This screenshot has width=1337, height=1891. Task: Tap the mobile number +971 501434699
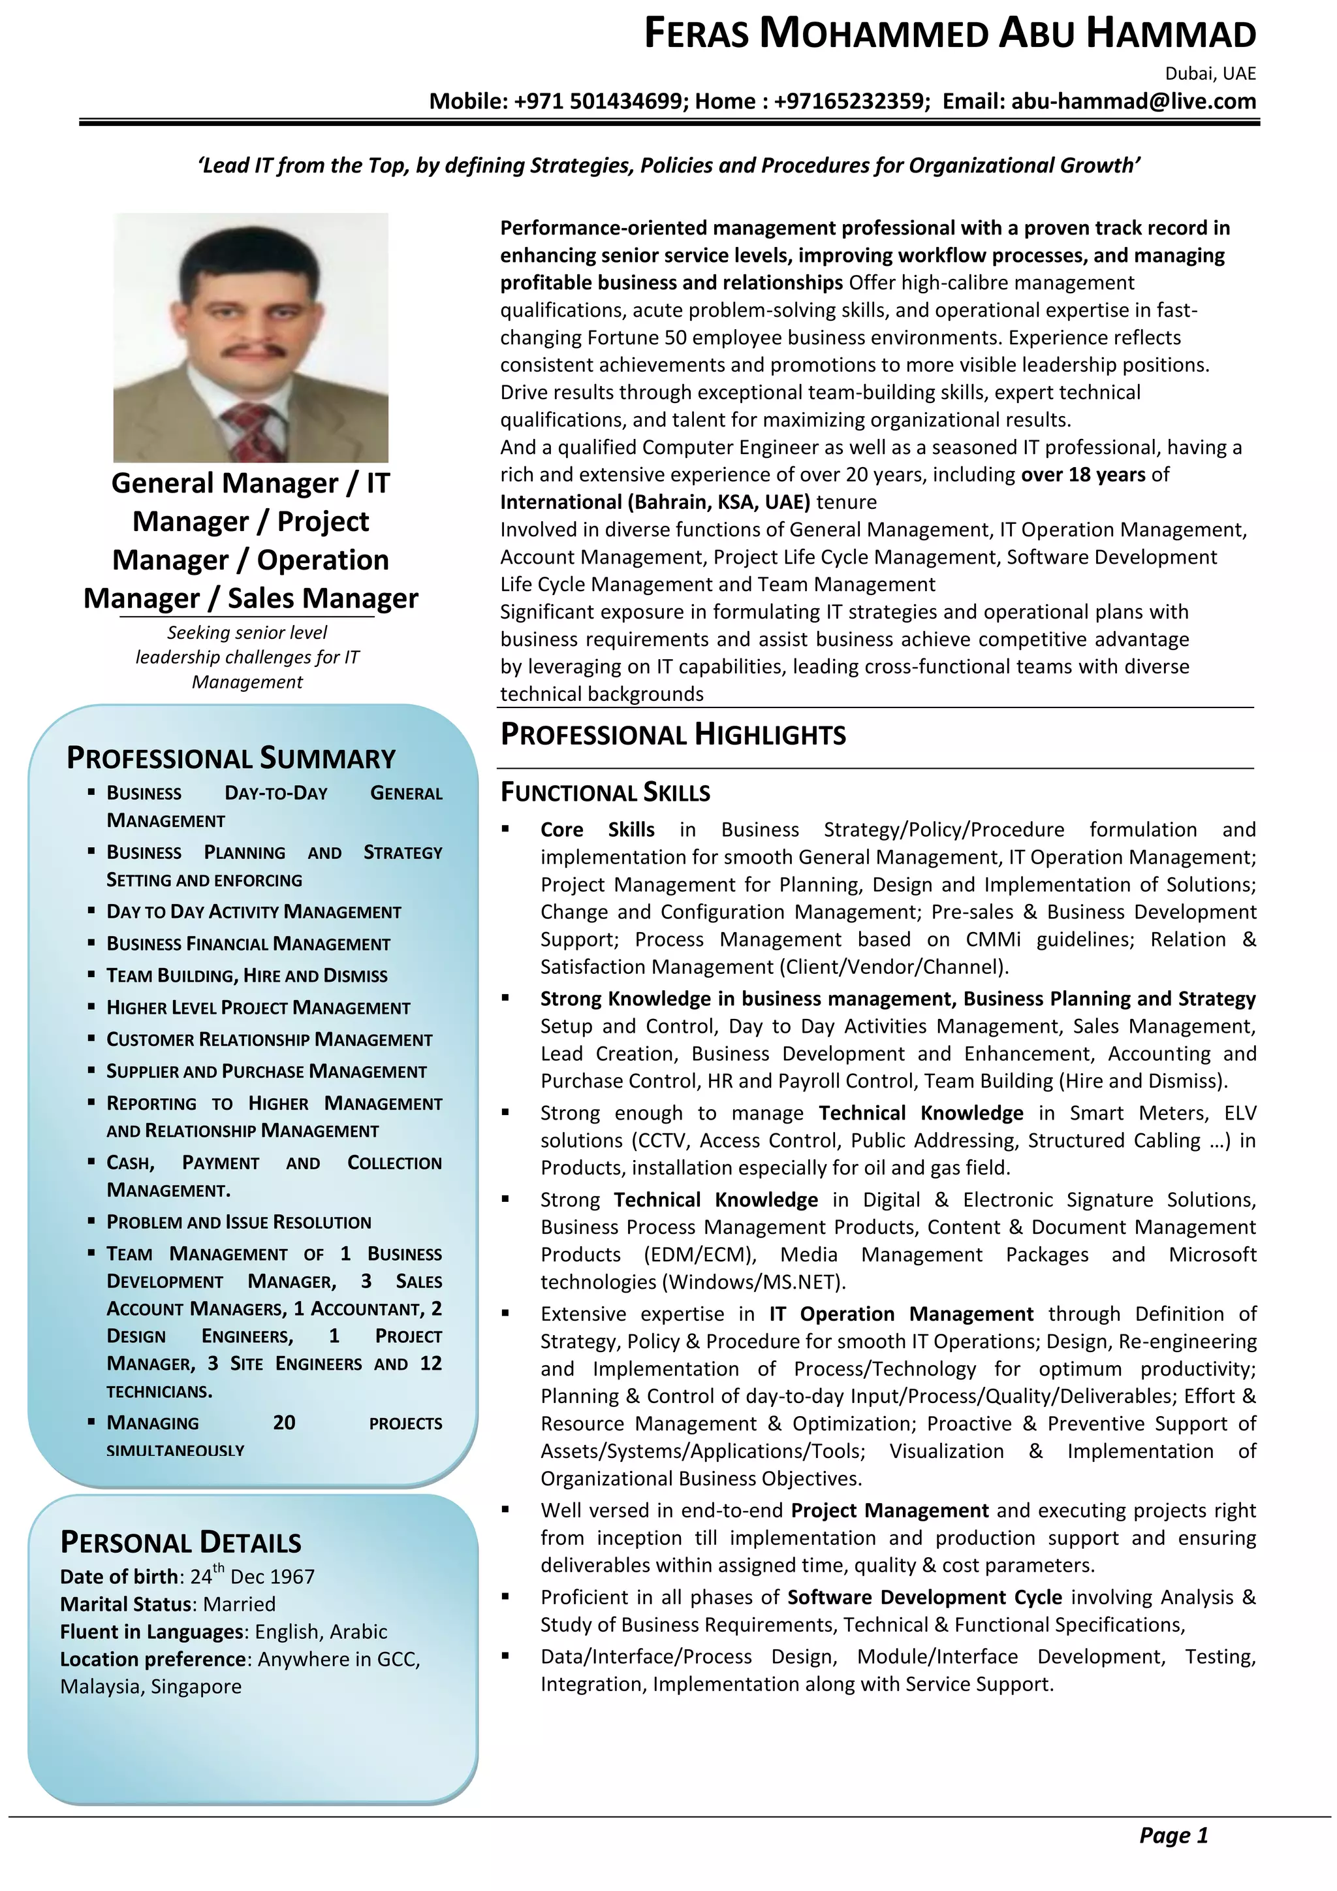point(600,101)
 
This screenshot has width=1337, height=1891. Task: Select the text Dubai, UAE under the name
point(1210,74)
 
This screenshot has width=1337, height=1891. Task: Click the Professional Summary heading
point(230,758)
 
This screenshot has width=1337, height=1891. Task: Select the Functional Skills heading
point(605,792)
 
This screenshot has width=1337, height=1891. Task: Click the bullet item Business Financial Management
point(248,944)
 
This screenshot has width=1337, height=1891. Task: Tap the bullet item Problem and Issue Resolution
point(239,1222)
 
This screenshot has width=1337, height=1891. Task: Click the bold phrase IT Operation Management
point(901,1314)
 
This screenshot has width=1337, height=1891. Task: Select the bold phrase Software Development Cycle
point(924,1597)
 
